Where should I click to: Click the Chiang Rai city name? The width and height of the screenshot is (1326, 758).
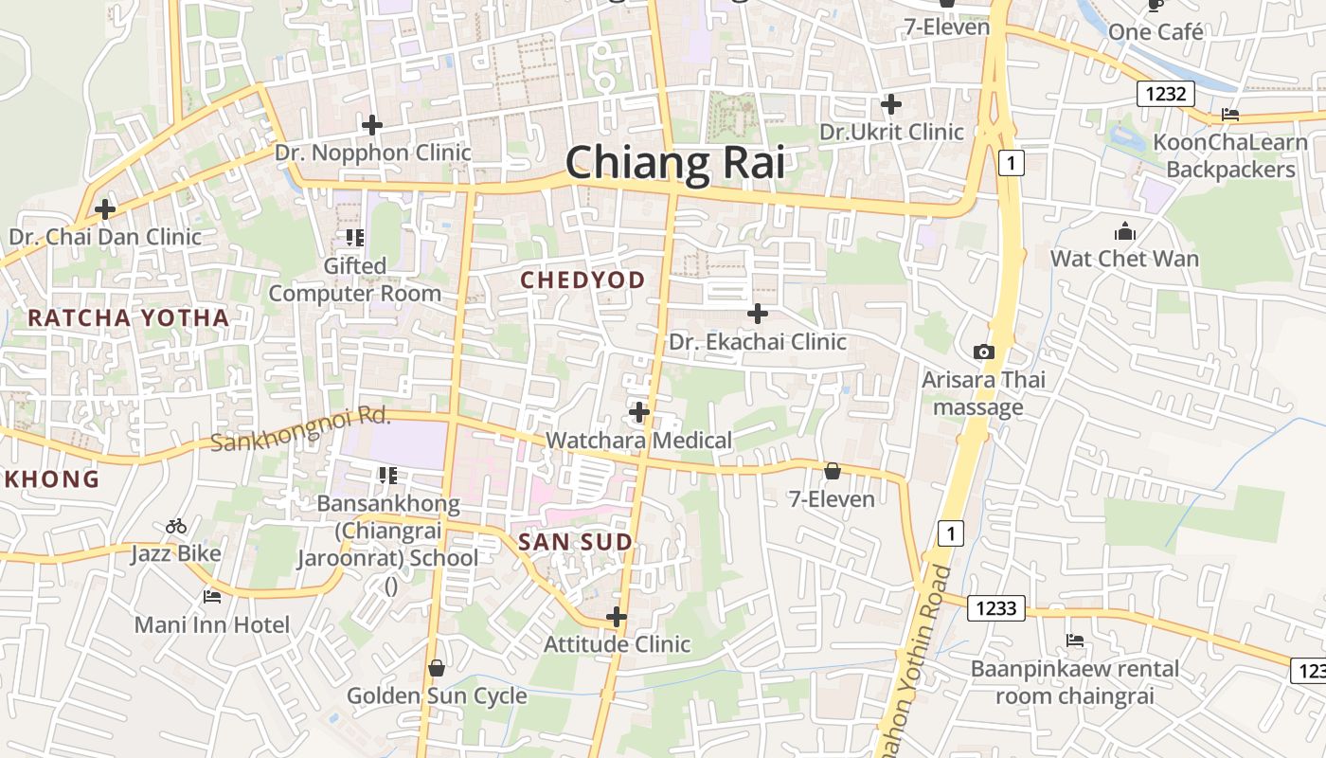[x=675, y=163]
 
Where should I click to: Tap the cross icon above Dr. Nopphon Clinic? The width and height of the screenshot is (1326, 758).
[x=372, y=124]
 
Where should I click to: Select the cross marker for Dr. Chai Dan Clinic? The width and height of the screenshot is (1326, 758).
[x=105, y=208]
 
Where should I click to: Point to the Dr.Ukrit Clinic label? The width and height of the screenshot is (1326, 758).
[x=891, y=132]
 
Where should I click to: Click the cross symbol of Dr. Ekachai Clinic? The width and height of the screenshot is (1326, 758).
[x=758, y=313]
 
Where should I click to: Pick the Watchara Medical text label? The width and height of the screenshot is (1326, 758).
[x=639, y=440]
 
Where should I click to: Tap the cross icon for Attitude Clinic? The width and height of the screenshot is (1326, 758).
[x=617, y=617]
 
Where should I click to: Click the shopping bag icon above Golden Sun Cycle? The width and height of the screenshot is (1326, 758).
[x=436, y=668]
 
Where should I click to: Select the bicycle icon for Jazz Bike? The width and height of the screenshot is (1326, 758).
[x=176, y=526]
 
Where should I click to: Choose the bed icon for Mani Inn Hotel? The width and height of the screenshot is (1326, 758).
[x=212, y=597]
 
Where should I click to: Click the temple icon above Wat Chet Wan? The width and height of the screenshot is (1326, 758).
[x=1124, y=231]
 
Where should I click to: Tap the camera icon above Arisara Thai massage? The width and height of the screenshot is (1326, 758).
[x=984, y=352]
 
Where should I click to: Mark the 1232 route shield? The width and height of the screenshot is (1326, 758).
[x=1166, y=94]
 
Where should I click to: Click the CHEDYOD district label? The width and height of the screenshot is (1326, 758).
[x=583, y=280]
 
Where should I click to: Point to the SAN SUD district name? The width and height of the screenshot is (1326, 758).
[x=575, y=542]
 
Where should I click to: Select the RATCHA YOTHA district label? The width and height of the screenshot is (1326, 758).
[x=129, y=318]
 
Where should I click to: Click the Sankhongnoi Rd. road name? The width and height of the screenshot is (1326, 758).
[x=300, y=428]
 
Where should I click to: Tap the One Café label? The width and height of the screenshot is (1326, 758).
[x=1156, y=32]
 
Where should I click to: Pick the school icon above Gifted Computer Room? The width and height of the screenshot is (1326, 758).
[x=355, y=237]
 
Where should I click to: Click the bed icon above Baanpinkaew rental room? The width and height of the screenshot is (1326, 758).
[x=1075, y=641]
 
